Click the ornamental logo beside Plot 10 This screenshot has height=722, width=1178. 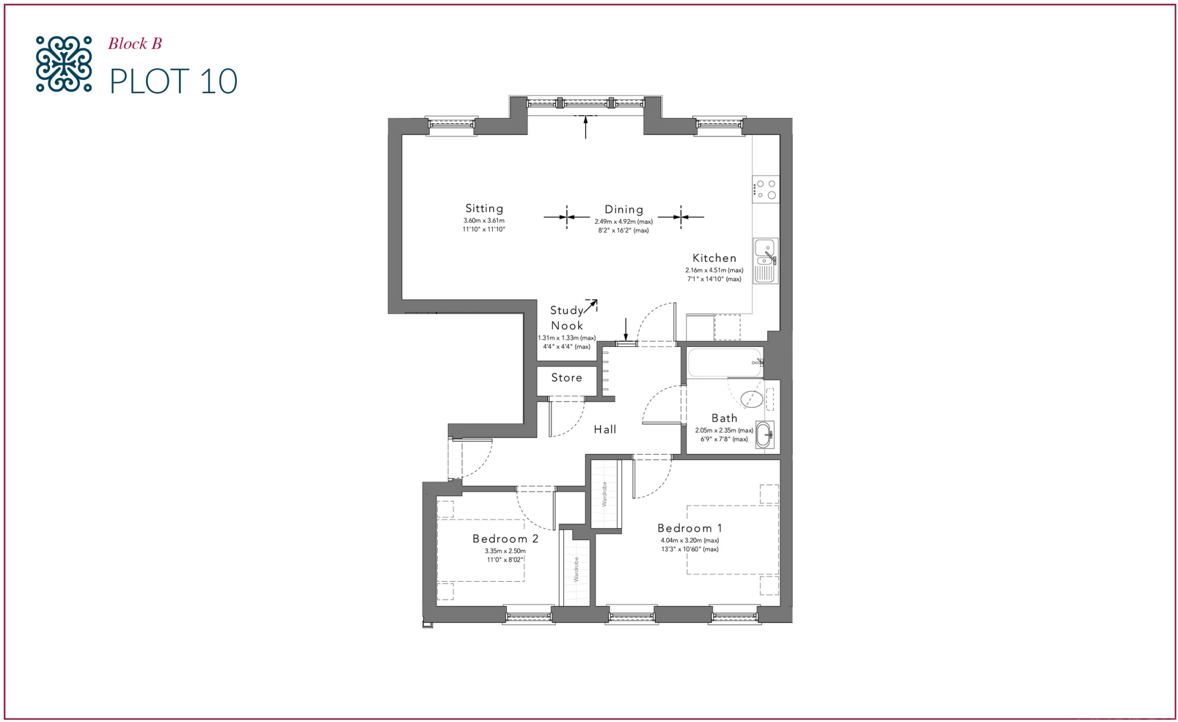click(x=63, y=64)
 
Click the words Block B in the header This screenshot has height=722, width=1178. click(x=135, y=44)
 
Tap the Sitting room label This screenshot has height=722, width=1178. click(x=484, y=208)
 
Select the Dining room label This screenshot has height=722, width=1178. click(x=624, y=209)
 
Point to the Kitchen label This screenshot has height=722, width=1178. click(x=714, y=258)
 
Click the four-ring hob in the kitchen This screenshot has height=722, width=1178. click(x=766, y=189)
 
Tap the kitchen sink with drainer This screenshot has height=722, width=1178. click(x=765, y=261)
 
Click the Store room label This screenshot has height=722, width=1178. click(x=567, y=378)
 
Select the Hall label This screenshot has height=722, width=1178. click(x=605, y=429)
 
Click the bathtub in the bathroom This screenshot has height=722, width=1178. click(x=725, y=362)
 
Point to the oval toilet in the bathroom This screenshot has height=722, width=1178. click(x=751, y=398)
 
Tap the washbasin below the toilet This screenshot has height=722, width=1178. click(x=764, y=435)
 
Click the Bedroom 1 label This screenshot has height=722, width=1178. click(x=689, y=528)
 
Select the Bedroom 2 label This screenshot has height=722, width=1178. click(x=505, y=539)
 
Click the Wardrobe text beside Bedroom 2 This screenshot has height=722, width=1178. click(x=576, y=569)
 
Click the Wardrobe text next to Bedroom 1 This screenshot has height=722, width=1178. click(x=605, y=494)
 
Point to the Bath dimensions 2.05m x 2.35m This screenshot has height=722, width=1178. click(x=724, y=430)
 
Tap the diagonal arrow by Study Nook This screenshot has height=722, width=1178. click(x=591, y=307)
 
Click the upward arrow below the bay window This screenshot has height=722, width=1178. click(x=586, y=127)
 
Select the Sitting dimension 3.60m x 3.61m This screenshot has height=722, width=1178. click(x=484, y=221)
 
